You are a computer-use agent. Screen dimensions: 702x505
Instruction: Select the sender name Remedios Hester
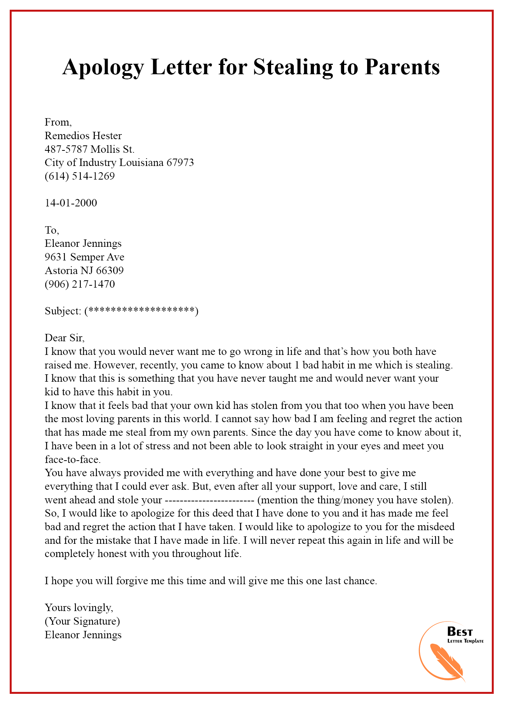(x=83, y=136)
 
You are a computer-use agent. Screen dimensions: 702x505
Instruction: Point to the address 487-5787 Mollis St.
(x=90, y=149)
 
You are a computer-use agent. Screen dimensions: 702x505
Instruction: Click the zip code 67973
(x=180, y=162)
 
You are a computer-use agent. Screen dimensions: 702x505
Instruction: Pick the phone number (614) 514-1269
(x=80, y=176)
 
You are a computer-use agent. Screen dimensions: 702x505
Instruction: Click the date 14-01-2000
(x=71, y=203)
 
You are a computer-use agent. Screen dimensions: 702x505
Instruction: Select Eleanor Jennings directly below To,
(x=83, y=243)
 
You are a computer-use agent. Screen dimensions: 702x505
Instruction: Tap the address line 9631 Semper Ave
(x=84, y=257)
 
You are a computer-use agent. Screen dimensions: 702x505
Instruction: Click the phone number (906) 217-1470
(x=80, y=284)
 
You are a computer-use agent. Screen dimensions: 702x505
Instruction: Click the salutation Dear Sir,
(x=64, y=338)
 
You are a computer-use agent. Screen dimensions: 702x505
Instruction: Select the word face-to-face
(x=73, y=459)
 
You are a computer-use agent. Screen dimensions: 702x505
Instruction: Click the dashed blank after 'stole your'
(x=209, y=500)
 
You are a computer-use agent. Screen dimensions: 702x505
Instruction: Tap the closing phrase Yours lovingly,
(x=79, y=608)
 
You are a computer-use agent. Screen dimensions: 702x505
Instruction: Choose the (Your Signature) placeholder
(x=82, y=621)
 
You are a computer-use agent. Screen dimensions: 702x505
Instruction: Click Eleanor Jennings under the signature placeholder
(x=83, y=635)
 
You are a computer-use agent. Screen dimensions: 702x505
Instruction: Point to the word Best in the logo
(x=460, y=632)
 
